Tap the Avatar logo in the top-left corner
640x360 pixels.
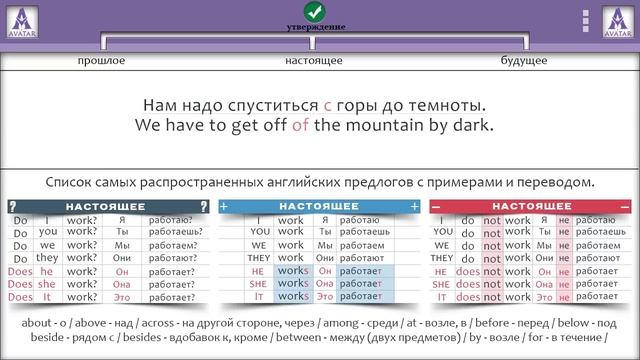22,20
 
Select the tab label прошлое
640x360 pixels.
101,61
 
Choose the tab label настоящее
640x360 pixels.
314,61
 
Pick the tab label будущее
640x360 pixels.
524,61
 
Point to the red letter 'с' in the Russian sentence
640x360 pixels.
327,105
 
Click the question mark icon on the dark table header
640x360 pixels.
13,206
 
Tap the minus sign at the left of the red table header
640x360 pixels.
435,206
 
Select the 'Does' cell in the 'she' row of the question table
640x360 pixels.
19,284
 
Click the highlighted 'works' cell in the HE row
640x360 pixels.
291,271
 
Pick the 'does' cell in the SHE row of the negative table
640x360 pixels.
467,284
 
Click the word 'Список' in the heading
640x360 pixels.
69,183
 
